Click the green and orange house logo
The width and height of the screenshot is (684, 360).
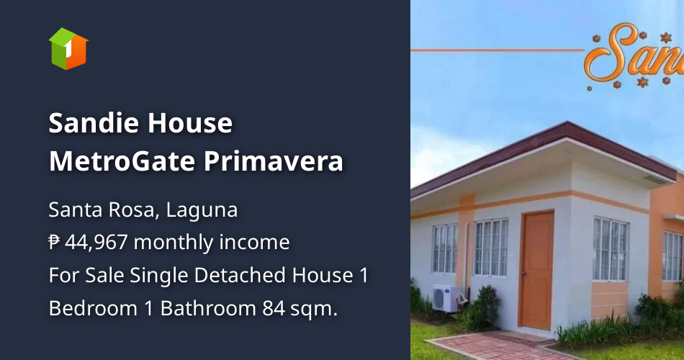(x=68, y=48)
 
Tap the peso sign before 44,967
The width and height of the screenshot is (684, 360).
(x=55, y=243)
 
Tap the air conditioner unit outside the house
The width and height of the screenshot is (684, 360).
(x=448, y=297)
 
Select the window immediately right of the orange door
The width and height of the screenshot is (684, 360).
(x=610, y=248)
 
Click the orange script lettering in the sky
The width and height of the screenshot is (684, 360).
(x=634, y=54)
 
